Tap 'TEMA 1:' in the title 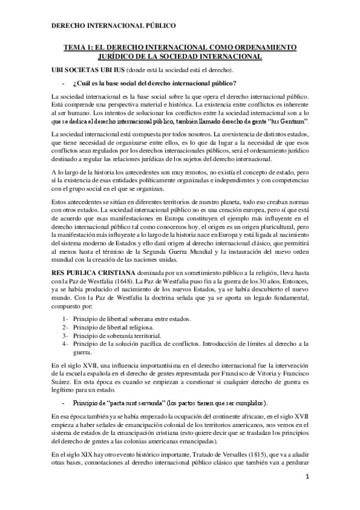[x=78, y=48]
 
